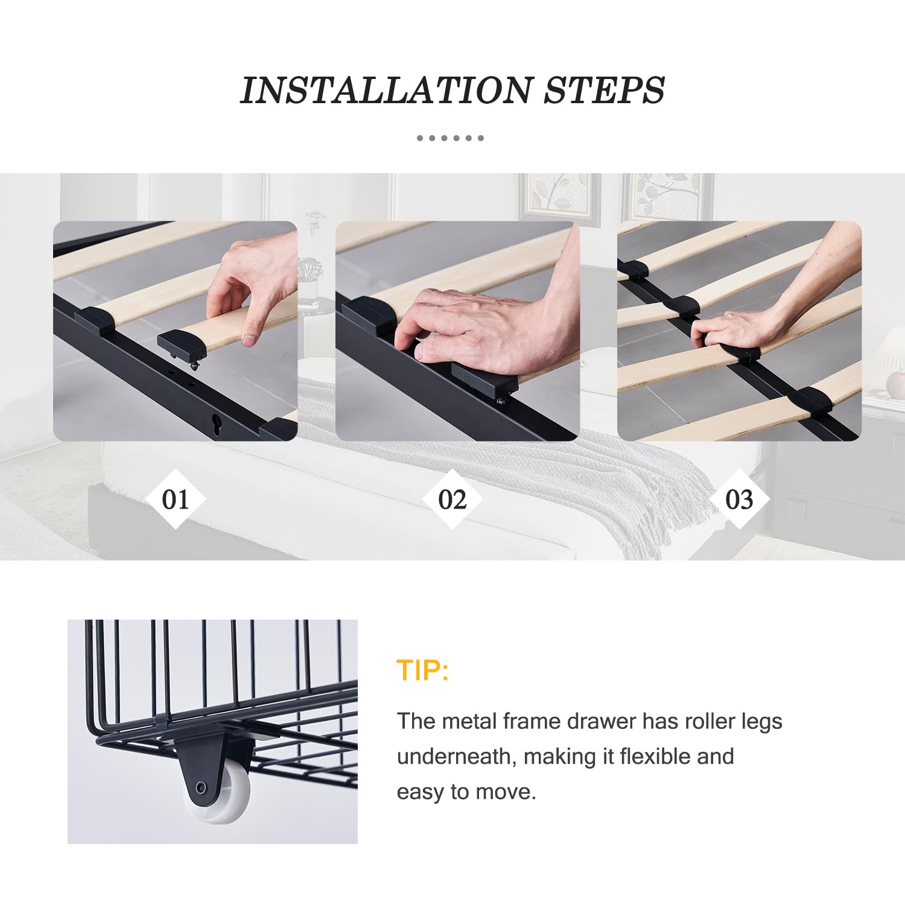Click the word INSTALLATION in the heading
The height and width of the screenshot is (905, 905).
386,91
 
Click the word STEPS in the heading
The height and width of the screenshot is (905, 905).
605,91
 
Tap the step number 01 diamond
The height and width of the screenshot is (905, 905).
176,499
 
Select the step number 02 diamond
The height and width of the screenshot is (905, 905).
452,499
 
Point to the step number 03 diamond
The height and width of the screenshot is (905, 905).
739,499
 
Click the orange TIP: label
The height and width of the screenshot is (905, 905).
422,670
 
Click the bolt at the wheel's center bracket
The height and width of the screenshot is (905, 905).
202,787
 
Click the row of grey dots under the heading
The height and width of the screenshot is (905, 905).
450,138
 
